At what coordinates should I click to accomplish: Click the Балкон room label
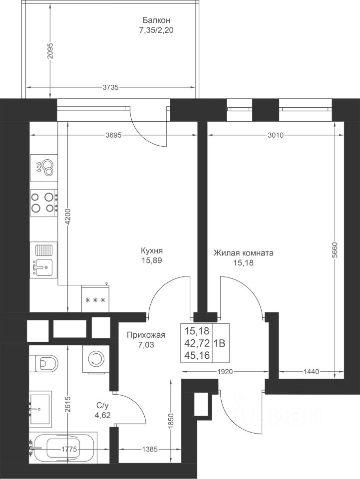[156, 20]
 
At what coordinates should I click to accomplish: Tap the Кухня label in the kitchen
[152, 251]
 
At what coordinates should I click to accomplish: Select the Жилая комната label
[243, 253]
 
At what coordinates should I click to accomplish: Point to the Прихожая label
[146, 335]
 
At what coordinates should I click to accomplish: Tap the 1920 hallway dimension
[225, 371]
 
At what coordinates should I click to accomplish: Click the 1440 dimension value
[311, 371]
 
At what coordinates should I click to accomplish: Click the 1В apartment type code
[219, 343]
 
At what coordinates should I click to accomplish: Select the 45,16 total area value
[197, 356]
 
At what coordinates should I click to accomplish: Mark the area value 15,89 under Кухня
[152, 260]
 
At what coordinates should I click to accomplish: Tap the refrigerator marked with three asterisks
[95, 299]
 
